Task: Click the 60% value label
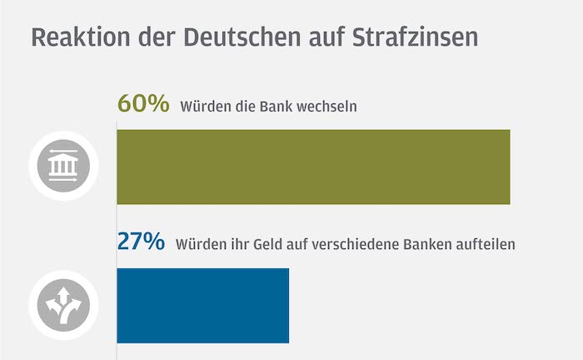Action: [142, 104]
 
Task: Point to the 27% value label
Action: [141, 242]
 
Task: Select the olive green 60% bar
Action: [312, 167]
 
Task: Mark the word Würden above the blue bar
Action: [197, 245]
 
